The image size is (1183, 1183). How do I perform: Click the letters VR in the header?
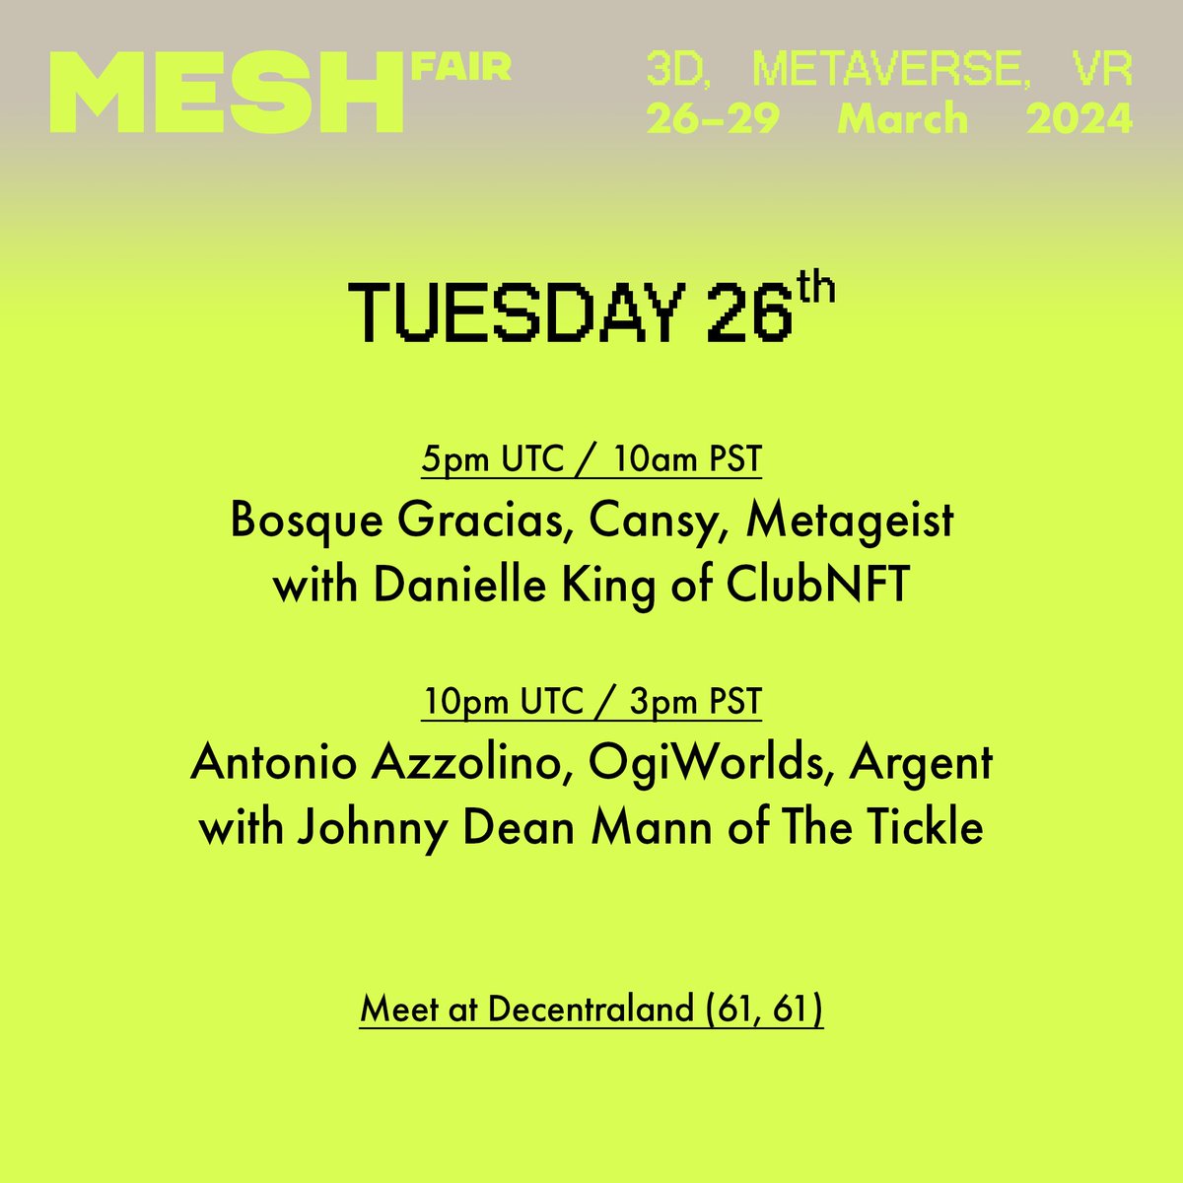(1099, 69)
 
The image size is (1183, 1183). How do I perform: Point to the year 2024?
(1079, 119)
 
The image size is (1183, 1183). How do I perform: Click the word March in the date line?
(902, 119)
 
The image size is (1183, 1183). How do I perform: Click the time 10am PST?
(687, 459)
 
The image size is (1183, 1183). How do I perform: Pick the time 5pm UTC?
(489, 459)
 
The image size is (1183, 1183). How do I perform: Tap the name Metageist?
(850, 521)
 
